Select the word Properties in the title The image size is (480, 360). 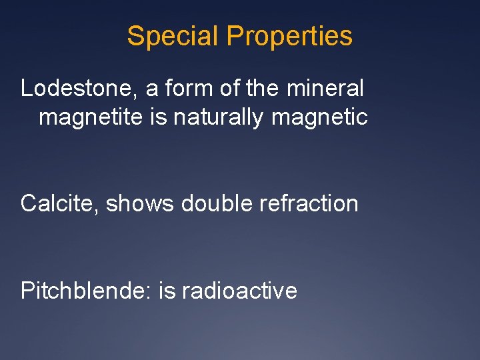[289, 36]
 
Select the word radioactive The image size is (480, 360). [239, 290]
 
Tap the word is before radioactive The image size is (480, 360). [166, 290]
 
